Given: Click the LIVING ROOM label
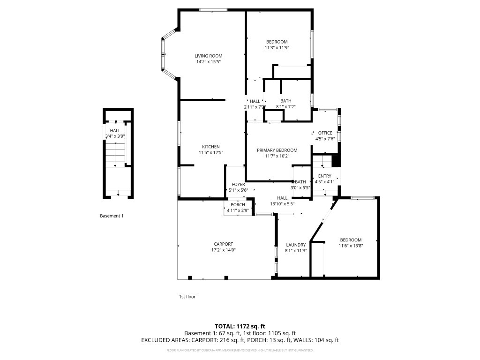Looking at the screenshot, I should tap(209, 56).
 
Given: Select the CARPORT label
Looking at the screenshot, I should tap(223, 244).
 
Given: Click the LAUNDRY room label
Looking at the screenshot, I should tap(296, 245).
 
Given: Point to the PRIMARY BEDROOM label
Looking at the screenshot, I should tap(277, 150).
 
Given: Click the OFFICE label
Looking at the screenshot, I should tap(325, 133).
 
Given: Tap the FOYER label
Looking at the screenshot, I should tap(238, 184).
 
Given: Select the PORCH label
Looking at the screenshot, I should tap(238, 204).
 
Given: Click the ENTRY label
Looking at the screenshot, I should tap(324, 176).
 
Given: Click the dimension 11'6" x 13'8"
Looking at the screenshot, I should tap(351, 245).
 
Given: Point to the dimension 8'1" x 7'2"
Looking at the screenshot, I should tap(285, 106).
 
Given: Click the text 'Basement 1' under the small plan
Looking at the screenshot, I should tap(112, 216).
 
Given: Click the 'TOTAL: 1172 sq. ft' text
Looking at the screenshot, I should tap(240, 326).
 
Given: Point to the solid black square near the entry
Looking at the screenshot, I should tap(336, 161).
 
